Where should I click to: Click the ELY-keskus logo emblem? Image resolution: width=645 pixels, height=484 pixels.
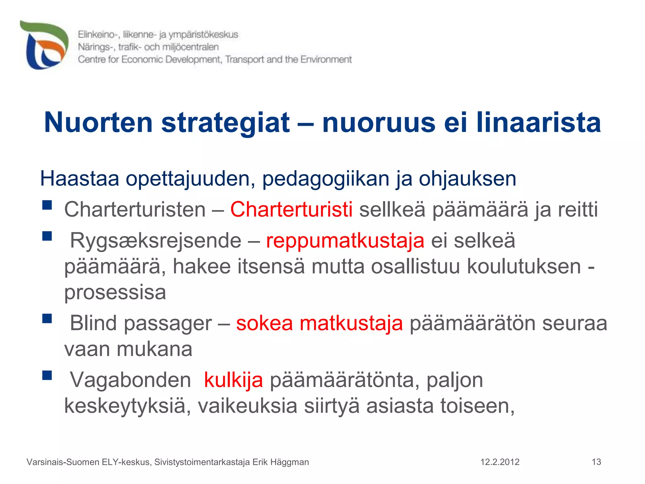pos(44,45)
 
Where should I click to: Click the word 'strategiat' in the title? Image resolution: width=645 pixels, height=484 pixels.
pos(225,123)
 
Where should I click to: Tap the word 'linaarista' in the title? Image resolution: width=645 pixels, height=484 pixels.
pos(538,123)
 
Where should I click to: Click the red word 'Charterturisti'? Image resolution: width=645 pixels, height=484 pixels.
pos(291,209)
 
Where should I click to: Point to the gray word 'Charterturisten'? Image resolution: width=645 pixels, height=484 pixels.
pos(135,209)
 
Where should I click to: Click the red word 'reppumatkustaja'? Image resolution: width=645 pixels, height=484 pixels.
pos(345,241)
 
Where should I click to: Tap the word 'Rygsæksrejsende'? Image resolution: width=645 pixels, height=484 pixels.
pos(156,241)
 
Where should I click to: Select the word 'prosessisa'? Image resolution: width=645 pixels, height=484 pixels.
pos(115,292)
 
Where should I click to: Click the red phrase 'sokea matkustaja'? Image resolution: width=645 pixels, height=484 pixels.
pos(319,323)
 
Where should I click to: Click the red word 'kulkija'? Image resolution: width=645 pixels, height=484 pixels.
pos(233,380)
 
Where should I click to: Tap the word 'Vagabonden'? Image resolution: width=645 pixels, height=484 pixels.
pos(130,380)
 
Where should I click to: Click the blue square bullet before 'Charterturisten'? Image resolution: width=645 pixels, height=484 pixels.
pos(47,205)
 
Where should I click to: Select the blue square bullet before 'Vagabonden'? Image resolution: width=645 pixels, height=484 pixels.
pos(47,375)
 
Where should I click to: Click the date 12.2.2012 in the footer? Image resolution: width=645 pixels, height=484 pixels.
pos(500,462)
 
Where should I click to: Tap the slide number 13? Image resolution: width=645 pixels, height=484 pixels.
pos(596,462)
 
